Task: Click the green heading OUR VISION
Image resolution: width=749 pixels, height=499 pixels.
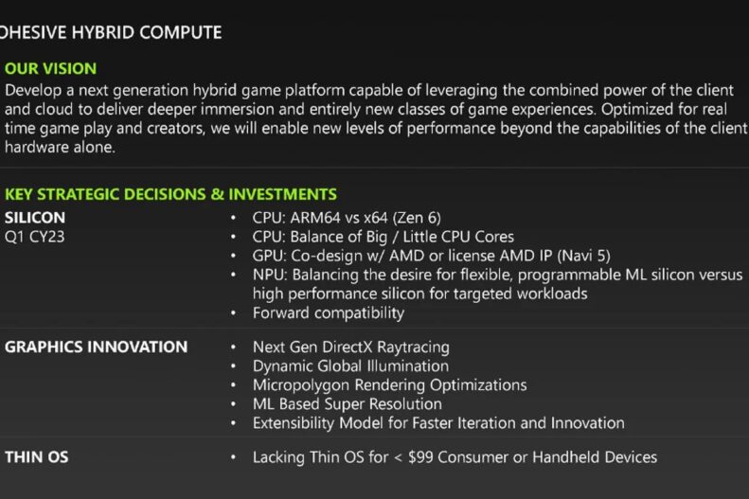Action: pos(50,69)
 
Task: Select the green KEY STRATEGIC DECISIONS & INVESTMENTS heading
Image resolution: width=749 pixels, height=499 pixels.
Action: pos(170,194)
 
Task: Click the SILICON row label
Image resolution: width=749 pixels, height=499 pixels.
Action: pos(35,218)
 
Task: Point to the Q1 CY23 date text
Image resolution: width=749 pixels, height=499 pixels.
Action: pos(34,237)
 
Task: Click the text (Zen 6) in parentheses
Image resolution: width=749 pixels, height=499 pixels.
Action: pos(417,218)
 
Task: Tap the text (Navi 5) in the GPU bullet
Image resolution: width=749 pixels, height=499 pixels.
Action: pos(583,256)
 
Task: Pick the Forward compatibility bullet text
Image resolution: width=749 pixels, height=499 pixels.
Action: pos(329,313)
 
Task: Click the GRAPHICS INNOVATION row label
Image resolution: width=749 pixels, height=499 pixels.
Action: pos(96,348)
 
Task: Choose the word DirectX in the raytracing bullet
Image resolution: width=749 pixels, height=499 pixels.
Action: pos(347,348)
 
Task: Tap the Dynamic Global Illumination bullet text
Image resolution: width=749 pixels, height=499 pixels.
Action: pos(350,366)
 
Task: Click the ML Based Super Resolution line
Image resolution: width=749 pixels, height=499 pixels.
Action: pos(348,404)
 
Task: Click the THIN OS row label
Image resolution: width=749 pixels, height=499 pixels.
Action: pos(37,457)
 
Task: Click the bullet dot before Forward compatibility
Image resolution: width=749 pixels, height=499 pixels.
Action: pos(233,313)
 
